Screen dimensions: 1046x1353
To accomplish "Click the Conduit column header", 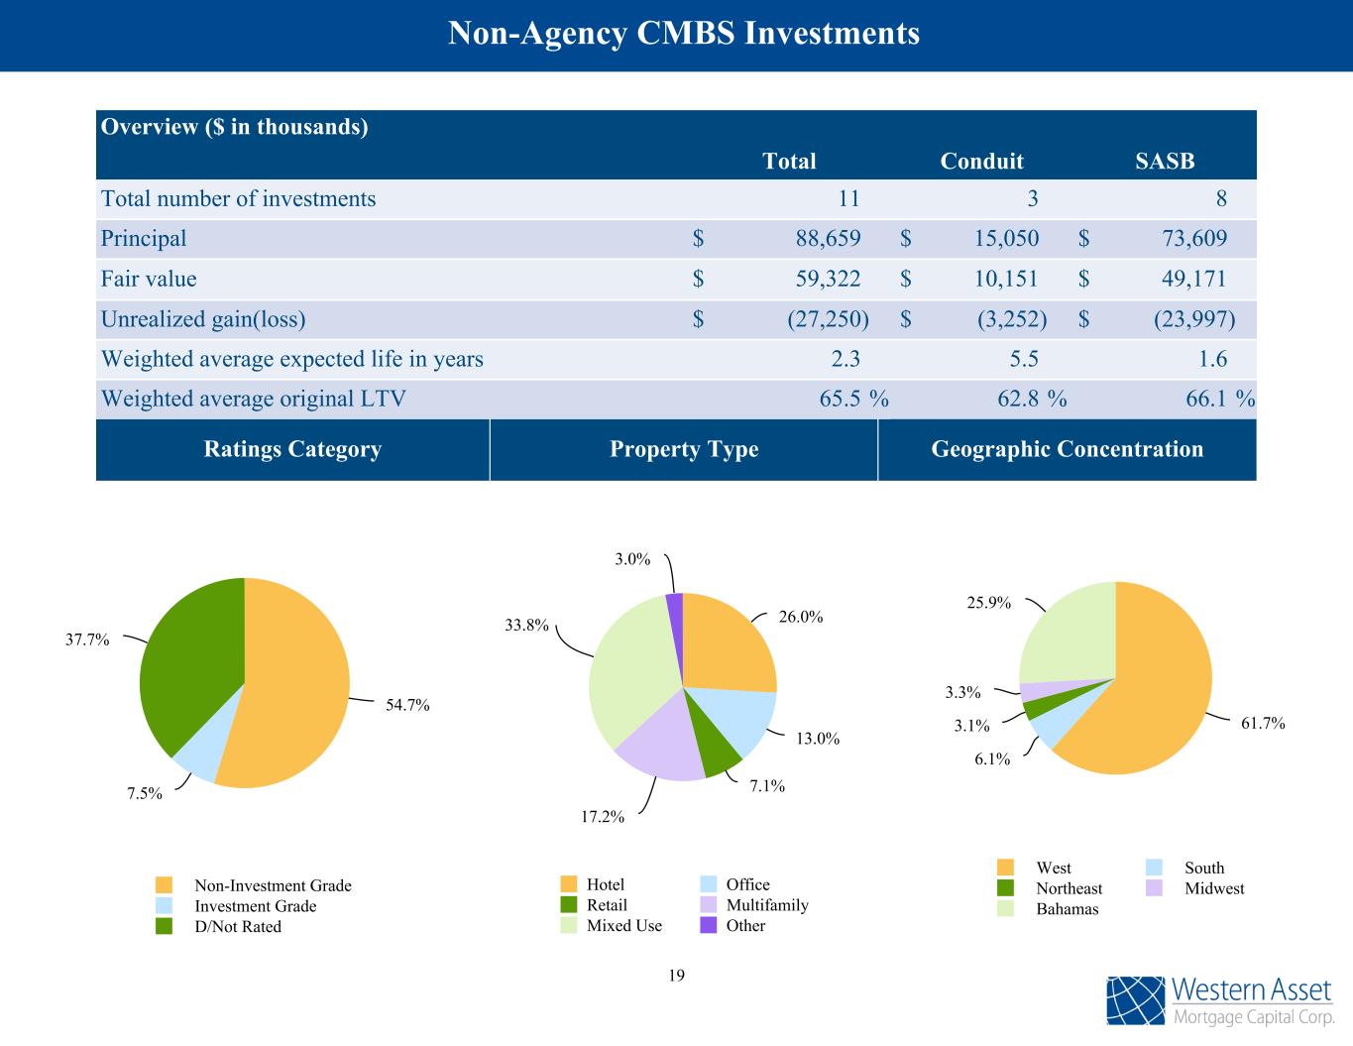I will (981, 161).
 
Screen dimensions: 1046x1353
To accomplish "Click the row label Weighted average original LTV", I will (254, 399).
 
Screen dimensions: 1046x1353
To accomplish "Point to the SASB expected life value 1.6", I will (1212, 359).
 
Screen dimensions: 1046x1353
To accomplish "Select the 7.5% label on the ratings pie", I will (145, 793).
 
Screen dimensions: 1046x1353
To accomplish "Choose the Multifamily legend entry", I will (766, 905).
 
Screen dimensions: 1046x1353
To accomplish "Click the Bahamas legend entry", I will (1067, 909).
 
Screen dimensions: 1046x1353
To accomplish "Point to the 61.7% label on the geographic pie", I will (1263, 724).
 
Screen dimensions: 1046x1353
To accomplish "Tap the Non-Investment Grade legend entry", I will (272, 885).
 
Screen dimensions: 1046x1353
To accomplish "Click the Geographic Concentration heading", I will (1067, 449).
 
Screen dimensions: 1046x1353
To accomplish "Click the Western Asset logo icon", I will (1136, 1001).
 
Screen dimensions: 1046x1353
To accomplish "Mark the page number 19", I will (676, 976).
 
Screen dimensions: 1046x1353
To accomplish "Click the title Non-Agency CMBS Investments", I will (684, 34).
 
